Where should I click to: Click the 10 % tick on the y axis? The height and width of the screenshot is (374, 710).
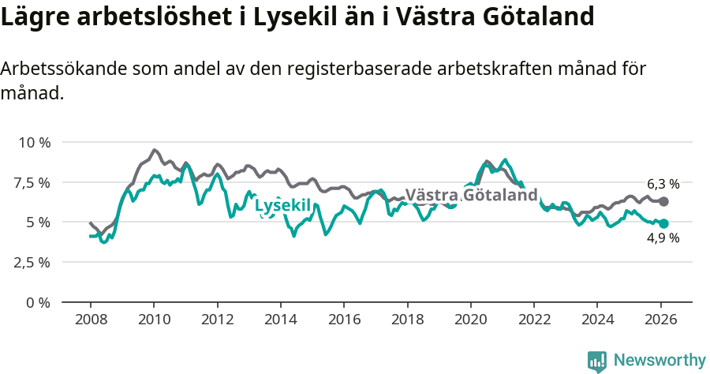pos(33,143)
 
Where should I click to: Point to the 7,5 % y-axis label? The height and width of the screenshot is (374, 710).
pos(32,183)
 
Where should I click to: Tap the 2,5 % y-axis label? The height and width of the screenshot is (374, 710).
pos(32,263)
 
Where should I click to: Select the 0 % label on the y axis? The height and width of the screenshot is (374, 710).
pos(39,303)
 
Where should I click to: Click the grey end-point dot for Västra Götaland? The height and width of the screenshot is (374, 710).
pos(663,202)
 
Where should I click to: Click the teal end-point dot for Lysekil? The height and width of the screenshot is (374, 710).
pos(663,224)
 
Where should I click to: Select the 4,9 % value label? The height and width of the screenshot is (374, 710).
pos(663,238)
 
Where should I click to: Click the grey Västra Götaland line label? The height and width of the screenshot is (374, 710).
pos(471,195)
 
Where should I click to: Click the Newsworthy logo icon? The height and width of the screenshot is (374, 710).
pos(597,361)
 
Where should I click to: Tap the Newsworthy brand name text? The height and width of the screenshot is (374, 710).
pos(659,361)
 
